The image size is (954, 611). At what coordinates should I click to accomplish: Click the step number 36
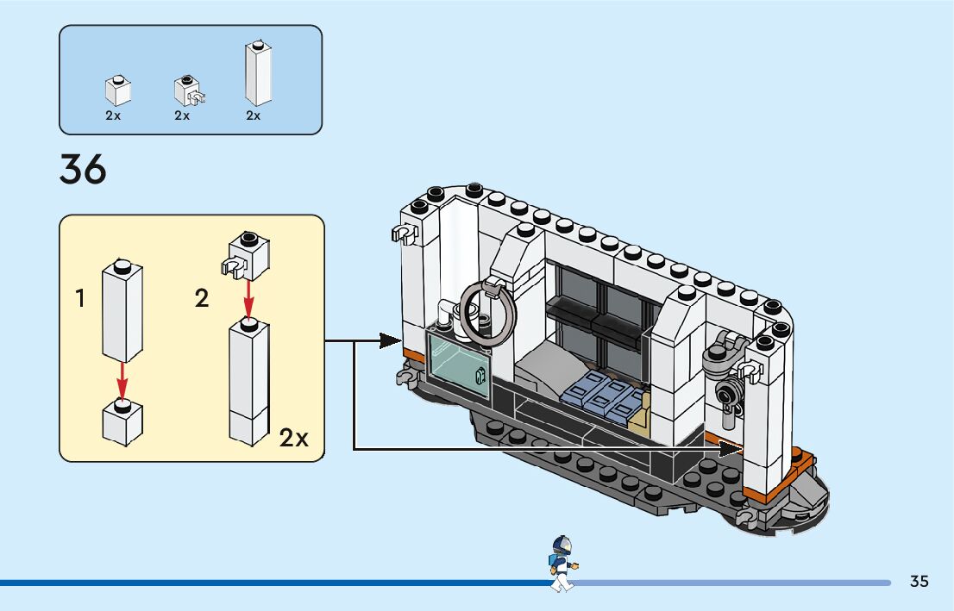click(83, 169)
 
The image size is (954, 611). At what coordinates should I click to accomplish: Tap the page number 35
click(919, 581)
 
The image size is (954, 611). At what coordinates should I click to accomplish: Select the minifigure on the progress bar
click(562, 564)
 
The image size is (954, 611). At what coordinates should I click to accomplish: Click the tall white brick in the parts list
click(257, 74)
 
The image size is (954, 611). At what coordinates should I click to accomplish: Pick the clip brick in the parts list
click(187, 90)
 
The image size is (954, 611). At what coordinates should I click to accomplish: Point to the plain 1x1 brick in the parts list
click(117, 90)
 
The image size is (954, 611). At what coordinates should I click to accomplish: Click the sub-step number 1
click(80, 299)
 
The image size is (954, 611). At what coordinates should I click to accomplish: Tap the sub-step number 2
click(202, 299)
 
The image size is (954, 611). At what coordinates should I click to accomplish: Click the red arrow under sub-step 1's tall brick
click(122, 379)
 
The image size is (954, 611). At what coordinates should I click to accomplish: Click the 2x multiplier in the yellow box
click(293, 438)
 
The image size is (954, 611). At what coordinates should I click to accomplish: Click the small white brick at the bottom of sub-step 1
click(122, 422)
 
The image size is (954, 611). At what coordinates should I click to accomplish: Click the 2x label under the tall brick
click(253, 115)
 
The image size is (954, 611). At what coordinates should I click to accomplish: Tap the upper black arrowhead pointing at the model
click(389, 341)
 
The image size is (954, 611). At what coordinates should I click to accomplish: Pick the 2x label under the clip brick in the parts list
click(182, 115)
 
